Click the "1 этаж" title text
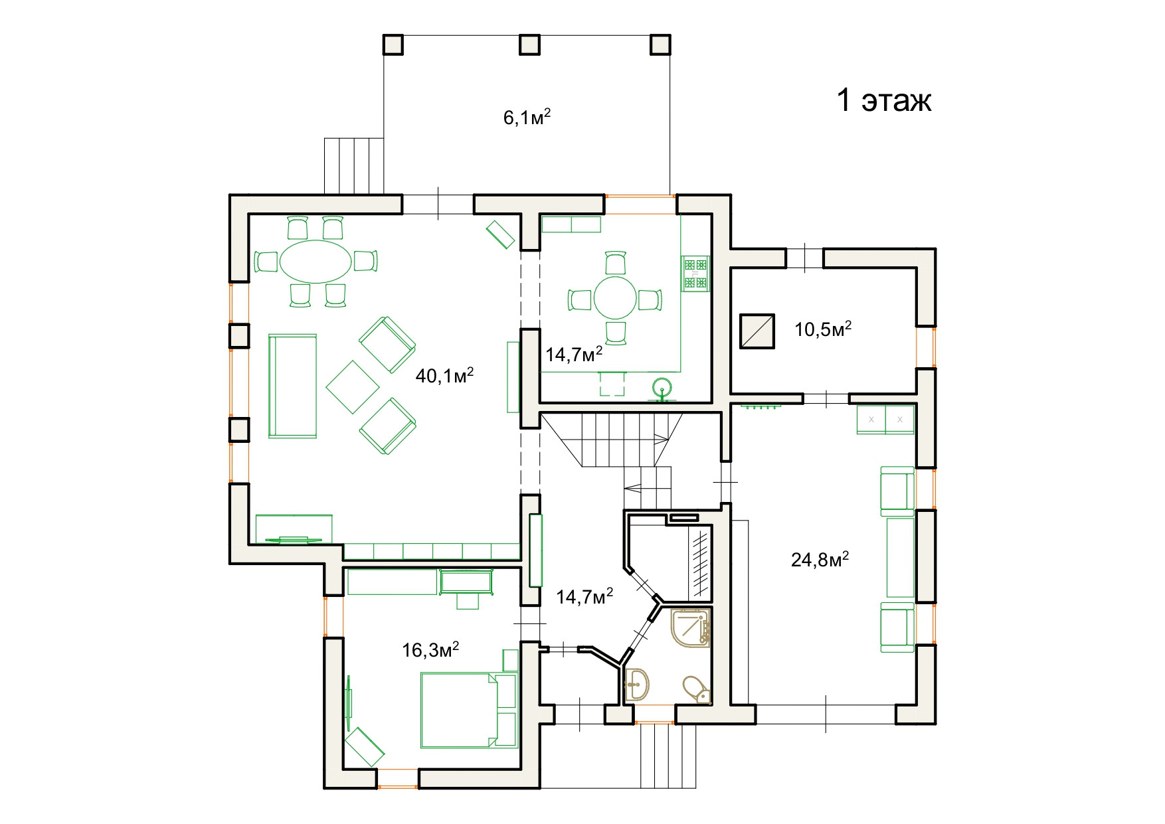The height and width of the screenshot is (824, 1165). click(x=884, y=100)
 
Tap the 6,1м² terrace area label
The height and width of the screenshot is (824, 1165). click(x=527, y=118)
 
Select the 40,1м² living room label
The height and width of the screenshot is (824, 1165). click(x=444, y=376)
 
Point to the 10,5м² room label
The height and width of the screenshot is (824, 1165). click(x=823, y=329)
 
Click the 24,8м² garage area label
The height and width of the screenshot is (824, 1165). click(x=820, y=560)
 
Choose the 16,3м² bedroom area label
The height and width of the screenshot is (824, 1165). click(x=430, y=649)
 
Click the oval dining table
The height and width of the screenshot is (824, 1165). click(x=315, y=262)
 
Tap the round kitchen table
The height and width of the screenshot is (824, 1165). click(x=616, y=299)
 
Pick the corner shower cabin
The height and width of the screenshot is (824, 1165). click(x=691, y=629)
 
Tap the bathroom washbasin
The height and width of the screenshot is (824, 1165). click(x=637, y=683)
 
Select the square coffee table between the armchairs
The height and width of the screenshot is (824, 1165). click(x=353, y=386)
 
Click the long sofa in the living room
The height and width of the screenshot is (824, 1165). click(x=292, y=386)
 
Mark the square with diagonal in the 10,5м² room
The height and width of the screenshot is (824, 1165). click(x=757, y=331)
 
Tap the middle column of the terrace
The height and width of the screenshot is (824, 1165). click(x=529, y=44)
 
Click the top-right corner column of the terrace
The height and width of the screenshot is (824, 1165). click(x=660, y=44)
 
